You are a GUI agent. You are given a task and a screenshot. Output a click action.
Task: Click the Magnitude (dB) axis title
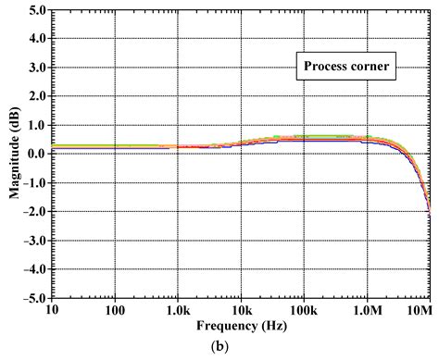point(12,154)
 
